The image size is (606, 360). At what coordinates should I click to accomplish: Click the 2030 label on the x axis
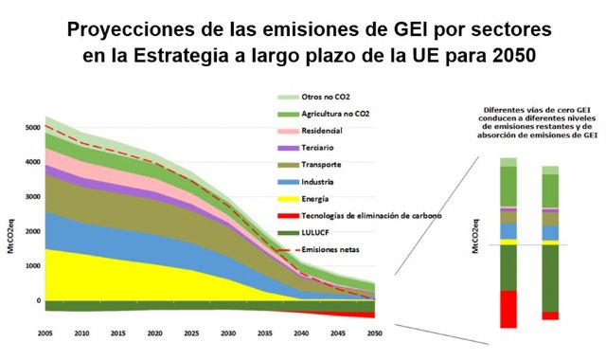(227, 334)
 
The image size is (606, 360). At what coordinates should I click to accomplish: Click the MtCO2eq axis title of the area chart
(11, 214)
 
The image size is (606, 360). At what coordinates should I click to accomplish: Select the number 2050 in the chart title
(515, 54)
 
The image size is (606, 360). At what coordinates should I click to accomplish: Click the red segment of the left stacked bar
(508, 309)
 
